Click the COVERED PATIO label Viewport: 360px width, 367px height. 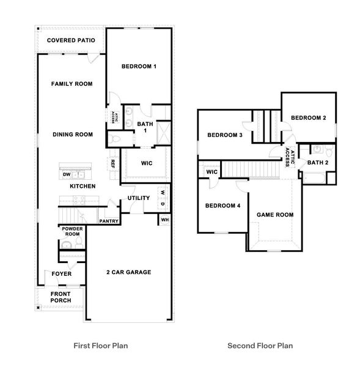coord(71,41)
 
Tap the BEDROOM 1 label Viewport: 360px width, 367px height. coord(139,66)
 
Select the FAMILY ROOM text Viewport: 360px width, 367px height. coord(72,84)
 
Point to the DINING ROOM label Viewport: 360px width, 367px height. coord(72,135)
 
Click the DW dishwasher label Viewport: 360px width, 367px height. coord(67,175)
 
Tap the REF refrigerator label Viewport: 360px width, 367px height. coord(112,163)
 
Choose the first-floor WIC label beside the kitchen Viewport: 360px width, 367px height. coord(147,163)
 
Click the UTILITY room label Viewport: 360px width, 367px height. coord(139,198)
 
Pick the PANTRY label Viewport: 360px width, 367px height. coord(108,221)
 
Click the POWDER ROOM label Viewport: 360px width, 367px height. coord(71,231)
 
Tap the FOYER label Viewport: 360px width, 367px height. coord(61,273)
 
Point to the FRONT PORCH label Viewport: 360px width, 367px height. coord(61,297)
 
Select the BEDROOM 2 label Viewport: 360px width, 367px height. coord(308,117)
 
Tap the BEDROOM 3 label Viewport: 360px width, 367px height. coord(224,135)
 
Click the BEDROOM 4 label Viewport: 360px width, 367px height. coord(222,206)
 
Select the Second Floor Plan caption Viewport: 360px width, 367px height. coord(260,346)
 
